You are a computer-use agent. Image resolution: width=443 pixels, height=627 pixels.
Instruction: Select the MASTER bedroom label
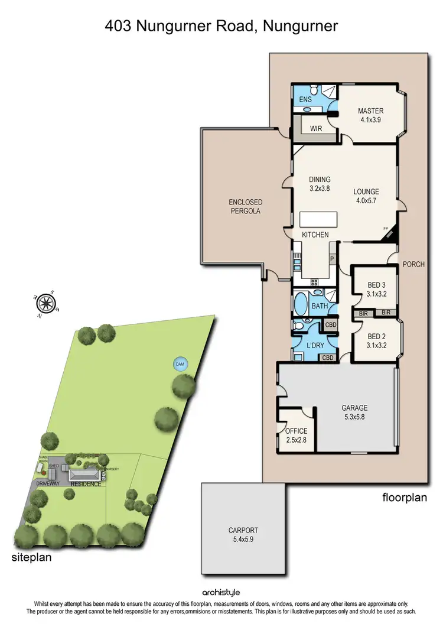pos(370,111)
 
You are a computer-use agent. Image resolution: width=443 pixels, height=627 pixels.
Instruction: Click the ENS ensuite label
pos(305,100)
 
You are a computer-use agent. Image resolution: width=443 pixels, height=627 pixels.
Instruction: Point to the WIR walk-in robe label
pos(316,128)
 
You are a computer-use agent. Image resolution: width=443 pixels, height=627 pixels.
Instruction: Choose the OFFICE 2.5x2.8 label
pos(296,435)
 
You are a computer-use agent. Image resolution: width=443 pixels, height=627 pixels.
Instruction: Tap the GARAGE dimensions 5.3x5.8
pos(354,417)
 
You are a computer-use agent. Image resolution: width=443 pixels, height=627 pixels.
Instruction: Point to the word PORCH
pos(413,264)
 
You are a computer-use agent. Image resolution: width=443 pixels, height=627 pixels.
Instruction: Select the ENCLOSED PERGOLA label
pos(246,206)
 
